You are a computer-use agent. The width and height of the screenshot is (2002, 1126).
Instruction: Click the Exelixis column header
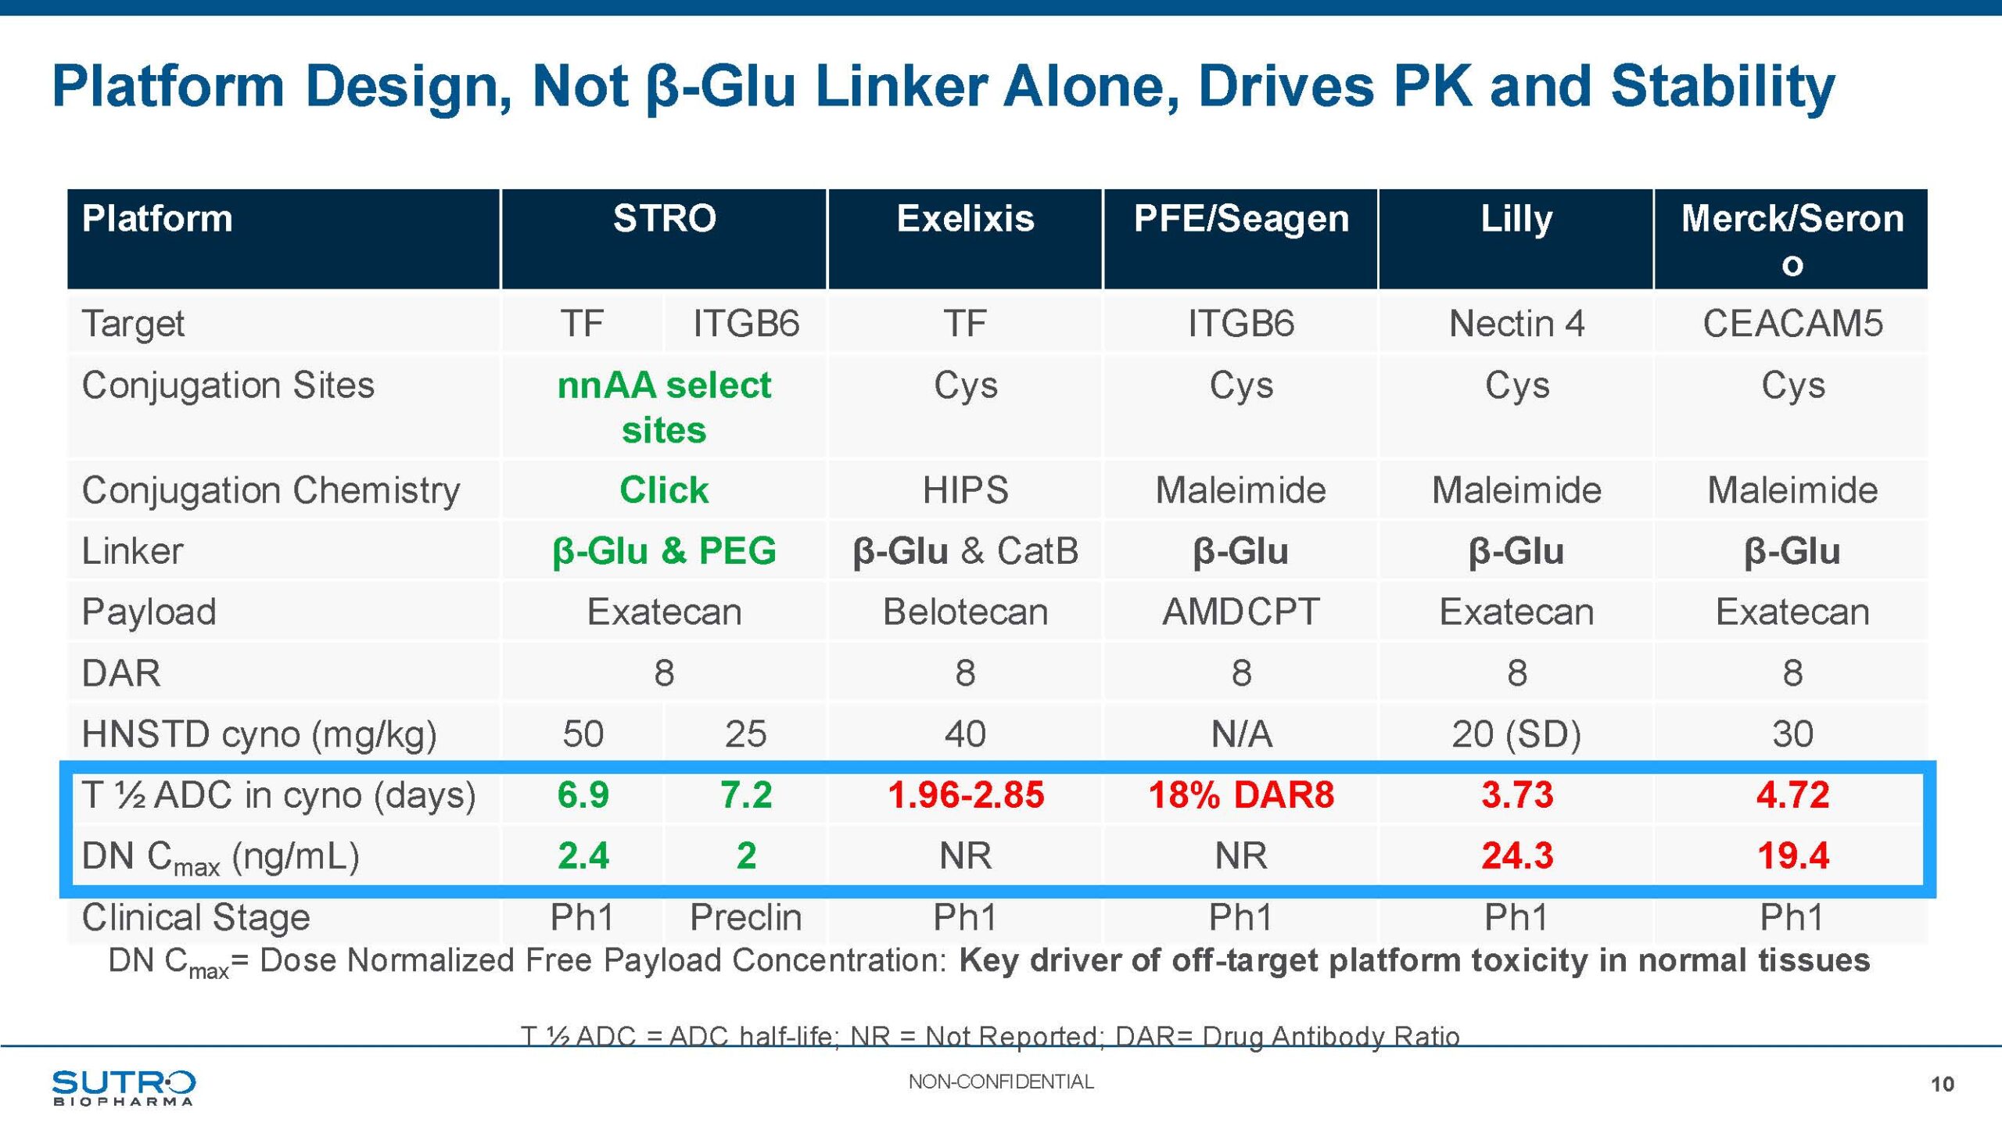[x=965, y=219]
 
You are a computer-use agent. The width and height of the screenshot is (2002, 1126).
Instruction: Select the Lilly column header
[x=1516, y=219]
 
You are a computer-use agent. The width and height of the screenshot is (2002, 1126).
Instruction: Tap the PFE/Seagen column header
[x=1241, y=219]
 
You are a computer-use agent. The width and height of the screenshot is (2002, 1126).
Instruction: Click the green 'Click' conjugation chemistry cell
[x=664, y=490]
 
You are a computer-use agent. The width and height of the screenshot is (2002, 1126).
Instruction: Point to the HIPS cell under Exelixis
[x=965, y=490]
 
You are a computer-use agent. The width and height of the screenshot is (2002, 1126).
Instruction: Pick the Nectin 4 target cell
[x=1516, y=324]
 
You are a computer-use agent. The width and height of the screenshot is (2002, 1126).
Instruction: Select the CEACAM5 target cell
[x=1792, y=324]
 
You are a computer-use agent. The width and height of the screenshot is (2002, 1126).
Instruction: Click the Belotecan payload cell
[x=965, y=611]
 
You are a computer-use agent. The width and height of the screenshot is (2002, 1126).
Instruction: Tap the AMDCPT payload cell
[x=1241, y=611]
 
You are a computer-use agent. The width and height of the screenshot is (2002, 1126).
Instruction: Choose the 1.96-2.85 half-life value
[x=965, y=794]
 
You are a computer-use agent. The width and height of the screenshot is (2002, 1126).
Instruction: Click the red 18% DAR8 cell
[x=1241, y=794]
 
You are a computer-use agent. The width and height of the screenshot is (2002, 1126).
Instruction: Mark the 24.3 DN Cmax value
[x=1516, y=855]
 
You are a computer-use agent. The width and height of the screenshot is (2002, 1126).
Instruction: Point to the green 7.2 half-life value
[x=745, y=794]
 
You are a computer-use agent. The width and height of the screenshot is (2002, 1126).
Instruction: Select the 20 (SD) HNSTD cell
[x=1516, y=734]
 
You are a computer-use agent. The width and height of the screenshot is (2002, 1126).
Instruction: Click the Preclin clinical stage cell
[x=745, y=917]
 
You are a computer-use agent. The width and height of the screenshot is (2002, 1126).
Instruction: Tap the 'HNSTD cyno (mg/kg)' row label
[x=259, y=734]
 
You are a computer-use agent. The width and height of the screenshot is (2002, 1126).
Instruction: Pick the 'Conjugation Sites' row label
[x=228, y=385]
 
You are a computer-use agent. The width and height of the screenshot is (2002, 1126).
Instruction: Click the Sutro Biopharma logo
[x=124, y=1087]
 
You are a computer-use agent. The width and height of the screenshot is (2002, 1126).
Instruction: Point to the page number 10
[x=1942, y=1085]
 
